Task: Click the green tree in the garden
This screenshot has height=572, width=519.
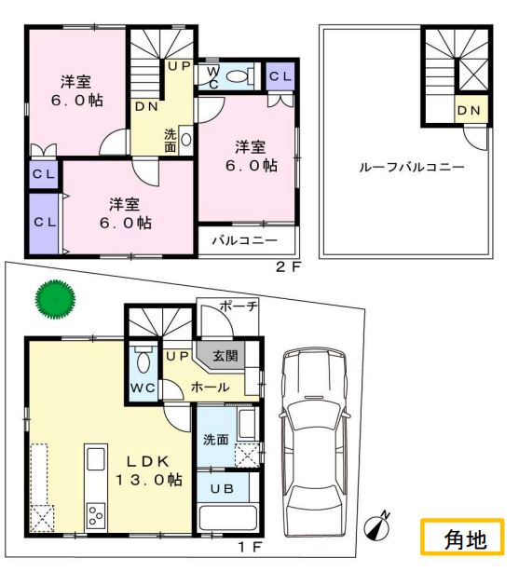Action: [55, 299]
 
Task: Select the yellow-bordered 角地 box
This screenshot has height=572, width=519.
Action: [462, 537]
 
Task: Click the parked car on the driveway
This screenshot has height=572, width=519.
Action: [314, 442]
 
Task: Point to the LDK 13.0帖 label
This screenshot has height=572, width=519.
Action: [149, 470]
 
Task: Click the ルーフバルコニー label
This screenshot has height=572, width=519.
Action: [412, 168]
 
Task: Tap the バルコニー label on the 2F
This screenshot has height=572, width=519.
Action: [245, 240]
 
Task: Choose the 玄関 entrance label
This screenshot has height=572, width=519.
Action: [225, 356]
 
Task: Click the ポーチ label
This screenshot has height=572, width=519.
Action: [239, 306]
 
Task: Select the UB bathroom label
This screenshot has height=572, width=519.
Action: [222, 488]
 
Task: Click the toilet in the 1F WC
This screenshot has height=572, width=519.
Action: [143, 359]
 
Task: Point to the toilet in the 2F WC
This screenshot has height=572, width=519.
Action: [239, 76]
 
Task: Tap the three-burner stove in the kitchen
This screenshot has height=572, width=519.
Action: [96, 516]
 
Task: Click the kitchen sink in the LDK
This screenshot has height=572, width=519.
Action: [96, 459]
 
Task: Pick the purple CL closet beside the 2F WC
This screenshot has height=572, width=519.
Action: [280, 76]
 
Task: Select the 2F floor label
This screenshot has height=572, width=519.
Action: [288, 267]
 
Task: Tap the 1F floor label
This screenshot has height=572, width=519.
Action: [250, 547]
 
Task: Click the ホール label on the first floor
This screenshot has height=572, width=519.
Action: [211, 387]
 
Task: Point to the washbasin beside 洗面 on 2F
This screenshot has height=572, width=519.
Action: [185, 140]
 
